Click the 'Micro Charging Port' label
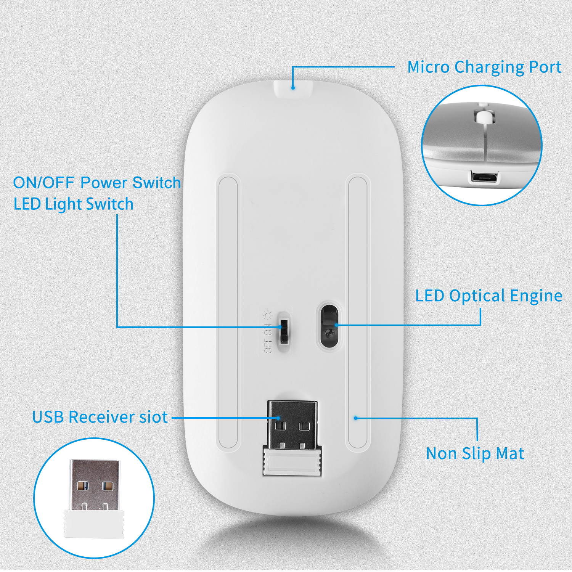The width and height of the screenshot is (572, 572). (484, 67)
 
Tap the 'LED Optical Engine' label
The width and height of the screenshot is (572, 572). (488, 296)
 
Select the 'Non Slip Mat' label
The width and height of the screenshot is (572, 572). (475, 454)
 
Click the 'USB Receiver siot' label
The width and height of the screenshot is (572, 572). (100, 417)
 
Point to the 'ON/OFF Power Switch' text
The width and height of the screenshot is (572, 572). (97, 183)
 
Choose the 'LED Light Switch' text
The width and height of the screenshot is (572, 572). (74, 204)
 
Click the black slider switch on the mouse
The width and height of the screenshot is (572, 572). (283, 328)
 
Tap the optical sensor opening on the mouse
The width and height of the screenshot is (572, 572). (329, 325)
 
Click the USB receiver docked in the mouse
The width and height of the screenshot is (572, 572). (292, 425)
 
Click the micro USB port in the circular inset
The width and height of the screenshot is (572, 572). (484, 177)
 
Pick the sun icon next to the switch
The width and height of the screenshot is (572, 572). (268, 315)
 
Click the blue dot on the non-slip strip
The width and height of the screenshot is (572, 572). (355, 418)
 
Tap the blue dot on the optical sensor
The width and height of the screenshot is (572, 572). (336, 325)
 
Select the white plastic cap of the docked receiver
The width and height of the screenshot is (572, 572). (292, 461)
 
